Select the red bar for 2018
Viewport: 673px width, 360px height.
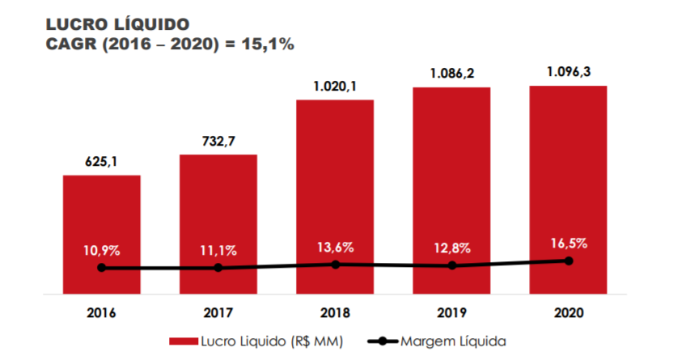[x=335, y=178]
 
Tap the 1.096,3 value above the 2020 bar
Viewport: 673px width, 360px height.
[x=568, y=71]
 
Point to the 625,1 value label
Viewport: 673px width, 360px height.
[x=102, y=161]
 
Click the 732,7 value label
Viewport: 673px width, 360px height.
[x=218, y=142]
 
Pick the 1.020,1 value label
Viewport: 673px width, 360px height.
[x=335, y=86]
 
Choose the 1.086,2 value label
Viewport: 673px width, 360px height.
[x=451, y=73]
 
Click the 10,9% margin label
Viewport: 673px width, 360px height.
[x=102, y=250]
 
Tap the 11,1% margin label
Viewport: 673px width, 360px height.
[x=218, y=250]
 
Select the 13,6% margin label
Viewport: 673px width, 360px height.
[x=335, y=247]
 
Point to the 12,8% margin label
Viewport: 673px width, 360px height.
[x=451, y=248]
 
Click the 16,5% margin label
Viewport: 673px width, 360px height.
[x=568, y=242]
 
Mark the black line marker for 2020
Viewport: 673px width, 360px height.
[x=569, y=260]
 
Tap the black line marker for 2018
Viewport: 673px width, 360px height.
[x=335, y=264]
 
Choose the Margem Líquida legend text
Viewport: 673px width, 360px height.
[x=453, y=341]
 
